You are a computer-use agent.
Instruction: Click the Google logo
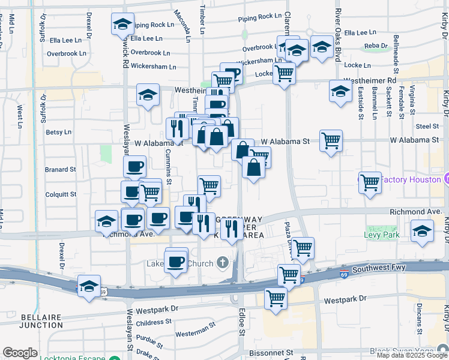click(20, 353)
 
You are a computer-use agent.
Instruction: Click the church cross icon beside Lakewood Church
click(223, 262)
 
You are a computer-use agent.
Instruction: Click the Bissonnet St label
click(273, 353)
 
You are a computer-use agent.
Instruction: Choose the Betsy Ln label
click(58, 132)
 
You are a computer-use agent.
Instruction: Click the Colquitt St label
click(61, 194)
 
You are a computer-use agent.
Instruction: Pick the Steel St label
click(427, 126)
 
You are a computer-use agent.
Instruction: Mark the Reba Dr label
click(376, 46)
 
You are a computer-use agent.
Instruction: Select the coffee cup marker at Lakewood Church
click(176, 262)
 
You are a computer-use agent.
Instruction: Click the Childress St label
click(154, 323)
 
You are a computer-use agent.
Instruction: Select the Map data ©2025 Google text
click(412, 355)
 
